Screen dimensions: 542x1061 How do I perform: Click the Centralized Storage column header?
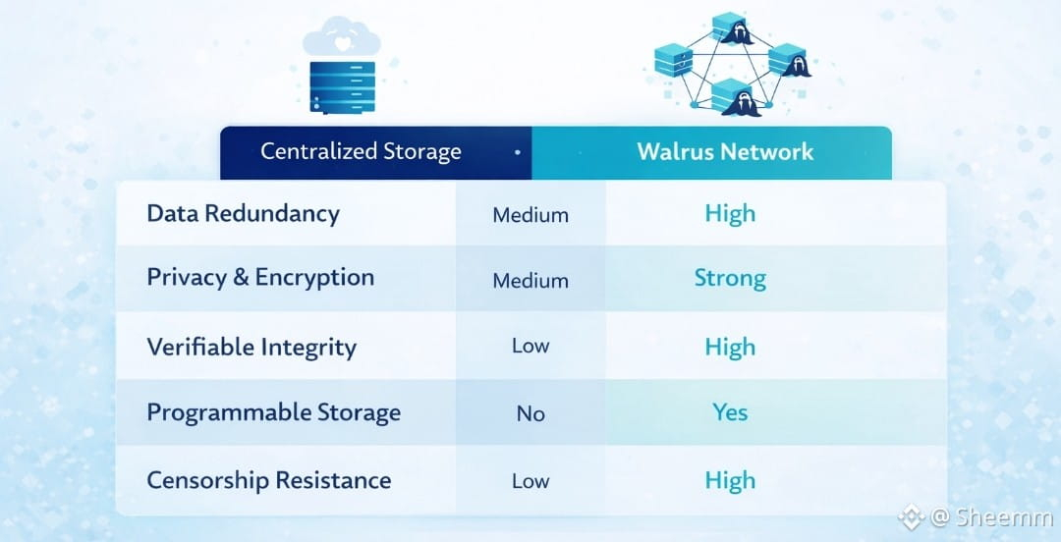tap(361, 152)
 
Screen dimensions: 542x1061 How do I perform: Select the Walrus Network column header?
tap(725, 152)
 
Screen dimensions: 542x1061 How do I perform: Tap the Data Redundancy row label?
tap(243, 214)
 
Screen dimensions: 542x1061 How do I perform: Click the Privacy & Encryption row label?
tap(260, 278)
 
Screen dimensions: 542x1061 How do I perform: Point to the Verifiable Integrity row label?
tap(251, 347)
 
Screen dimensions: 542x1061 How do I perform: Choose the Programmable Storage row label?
tap(273, 412)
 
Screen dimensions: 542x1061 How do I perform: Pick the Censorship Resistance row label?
tap(268, 480)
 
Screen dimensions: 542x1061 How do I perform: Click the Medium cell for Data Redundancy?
tap(530, 215)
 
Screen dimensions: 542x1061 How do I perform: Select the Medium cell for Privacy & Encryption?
tap(530, 281)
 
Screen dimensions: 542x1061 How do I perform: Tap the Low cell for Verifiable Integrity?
tap(530, 346)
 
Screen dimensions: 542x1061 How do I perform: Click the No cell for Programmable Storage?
tap(530, 413)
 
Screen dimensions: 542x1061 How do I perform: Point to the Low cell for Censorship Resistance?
tap(530, 481)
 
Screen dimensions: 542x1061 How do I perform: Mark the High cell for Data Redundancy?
tap(730, 214)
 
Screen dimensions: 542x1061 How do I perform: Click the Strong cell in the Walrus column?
tap(730, 278)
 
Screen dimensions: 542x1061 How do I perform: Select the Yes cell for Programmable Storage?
tap(730, 412)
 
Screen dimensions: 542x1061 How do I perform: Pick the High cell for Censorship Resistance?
tap(730, 480)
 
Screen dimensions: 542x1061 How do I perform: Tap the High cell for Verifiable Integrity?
tap(730, 347)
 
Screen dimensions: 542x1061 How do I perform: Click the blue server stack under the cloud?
tap(343, 86)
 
